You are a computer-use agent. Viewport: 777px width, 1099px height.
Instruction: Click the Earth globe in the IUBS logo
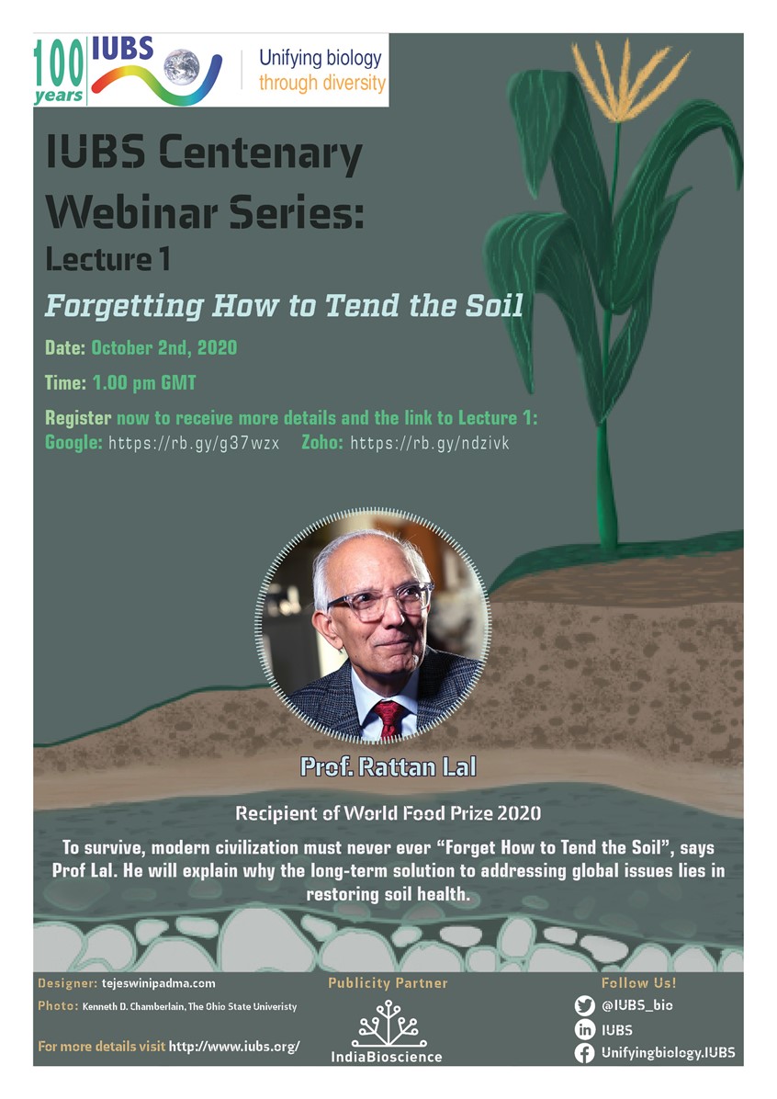tap(182, 67)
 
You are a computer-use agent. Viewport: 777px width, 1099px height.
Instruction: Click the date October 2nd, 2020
tap(163, 348)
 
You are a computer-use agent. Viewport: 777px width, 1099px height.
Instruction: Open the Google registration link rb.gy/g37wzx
tap(194, 443)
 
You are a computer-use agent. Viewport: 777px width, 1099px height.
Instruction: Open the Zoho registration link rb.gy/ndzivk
tap(429, 443)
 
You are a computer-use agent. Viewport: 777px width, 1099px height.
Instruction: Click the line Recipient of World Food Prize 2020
tap(388, 813)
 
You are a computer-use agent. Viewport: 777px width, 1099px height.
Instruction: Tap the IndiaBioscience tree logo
tap(387, 1023)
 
